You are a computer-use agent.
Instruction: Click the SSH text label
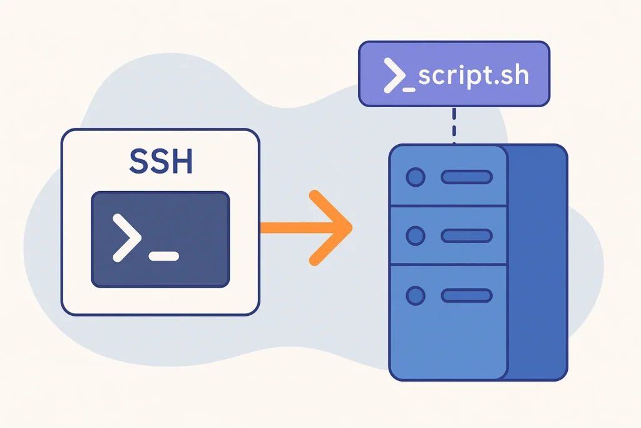pyautogui.click(x=160, y=161)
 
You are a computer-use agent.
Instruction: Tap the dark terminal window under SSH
pyautogui.click(x=160, y=239)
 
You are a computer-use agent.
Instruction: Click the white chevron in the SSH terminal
pyautogui.click(x=125, y=237)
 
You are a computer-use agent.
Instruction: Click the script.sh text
pyautogui.click(x=473, y=75)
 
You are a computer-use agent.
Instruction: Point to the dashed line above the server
pyautogui.click(x=454, y=125)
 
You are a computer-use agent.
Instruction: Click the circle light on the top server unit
pyautogui.click(x=415, y=177)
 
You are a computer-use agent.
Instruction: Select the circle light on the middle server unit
pyautogui.click(x=415, y=236)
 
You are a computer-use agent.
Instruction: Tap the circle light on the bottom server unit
pyautogui.click(x=415, y=295)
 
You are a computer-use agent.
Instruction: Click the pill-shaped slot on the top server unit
pyautogui.click(x=466, y=177)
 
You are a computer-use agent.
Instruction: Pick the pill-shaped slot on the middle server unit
pyautogui.click(x=466, y=236)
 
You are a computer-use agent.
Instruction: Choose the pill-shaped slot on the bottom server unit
pyautogui.click(x=466, y=295)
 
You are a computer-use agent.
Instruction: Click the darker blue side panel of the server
pyautogui.click(x=537, y=263)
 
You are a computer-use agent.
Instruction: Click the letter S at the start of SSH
pyautogui.click(x=140, y=161)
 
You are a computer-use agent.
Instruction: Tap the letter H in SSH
pyautogui.click(x=181, y=161)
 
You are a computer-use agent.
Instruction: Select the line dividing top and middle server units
pyautogui.click(x=448, y=206)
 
